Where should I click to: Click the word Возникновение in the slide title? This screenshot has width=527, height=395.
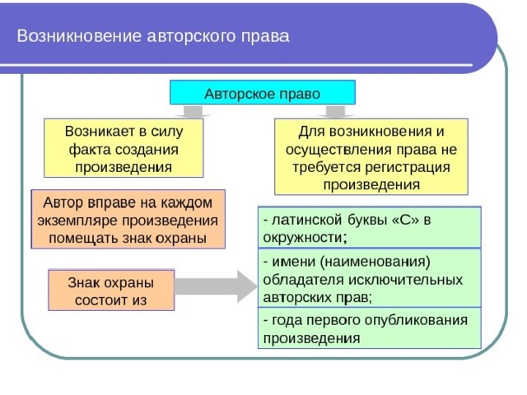[79, 36]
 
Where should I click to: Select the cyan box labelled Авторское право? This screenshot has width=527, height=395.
[263, 92]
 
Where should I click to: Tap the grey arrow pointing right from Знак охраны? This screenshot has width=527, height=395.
[216, 286]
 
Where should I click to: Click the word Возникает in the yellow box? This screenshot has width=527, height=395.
[101, 131]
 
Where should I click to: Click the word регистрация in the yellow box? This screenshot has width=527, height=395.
[408, 167]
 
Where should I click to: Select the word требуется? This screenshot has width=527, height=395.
[326, 167]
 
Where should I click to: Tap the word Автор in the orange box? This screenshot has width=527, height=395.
[63, 202]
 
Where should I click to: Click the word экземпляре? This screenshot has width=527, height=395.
[78, 221]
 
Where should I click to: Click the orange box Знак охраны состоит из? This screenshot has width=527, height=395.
[111, 290]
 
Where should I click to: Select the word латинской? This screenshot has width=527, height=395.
[307, 220]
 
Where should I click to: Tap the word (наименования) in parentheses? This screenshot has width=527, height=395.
[375, 262]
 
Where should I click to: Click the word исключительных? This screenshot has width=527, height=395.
[406, 280]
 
